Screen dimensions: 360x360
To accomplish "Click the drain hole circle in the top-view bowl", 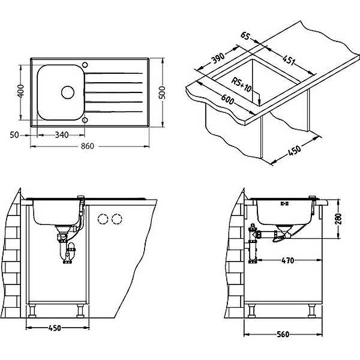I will click(x=67, y=92).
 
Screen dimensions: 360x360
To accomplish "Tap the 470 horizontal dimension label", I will click(x=287, y=260).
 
